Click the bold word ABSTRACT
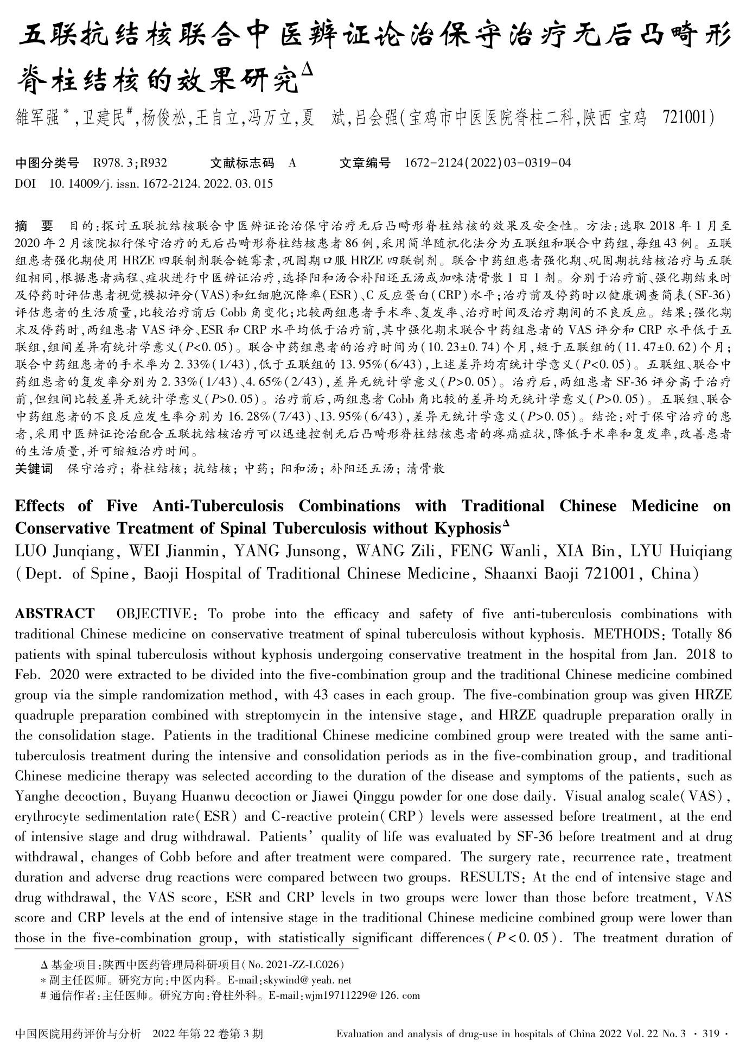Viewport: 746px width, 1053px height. (54, 614)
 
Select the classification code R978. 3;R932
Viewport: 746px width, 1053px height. (130, 162)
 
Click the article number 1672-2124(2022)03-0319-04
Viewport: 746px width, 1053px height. (488, 162)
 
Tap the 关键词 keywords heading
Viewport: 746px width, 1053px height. (34, 468)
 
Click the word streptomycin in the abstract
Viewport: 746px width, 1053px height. (284, 715)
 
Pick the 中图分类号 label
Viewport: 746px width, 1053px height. (47, 162)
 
